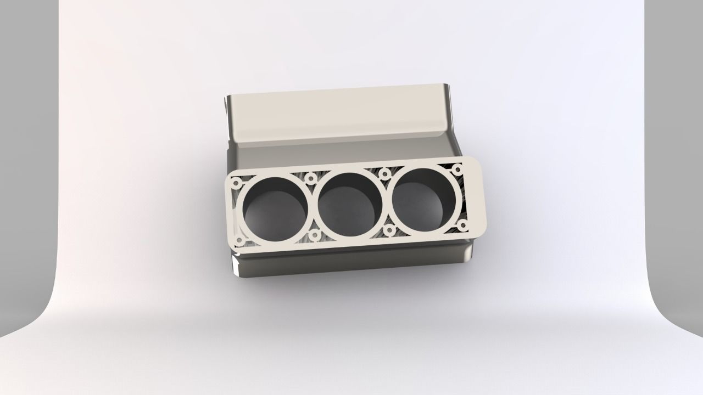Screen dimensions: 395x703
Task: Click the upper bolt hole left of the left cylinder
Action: point(236,183)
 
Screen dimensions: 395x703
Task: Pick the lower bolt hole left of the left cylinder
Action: point(240,241)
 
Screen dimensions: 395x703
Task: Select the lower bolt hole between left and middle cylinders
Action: point(315,235)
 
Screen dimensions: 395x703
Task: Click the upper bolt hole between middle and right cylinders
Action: point(385,174)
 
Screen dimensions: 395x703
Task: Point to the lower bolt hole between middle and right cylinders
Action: point(389,230)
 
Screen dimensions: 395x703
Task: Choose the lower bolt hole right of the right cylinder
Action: point(462,224)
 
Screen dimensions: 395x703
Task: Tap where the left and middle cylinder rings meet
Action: point(313,206)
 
